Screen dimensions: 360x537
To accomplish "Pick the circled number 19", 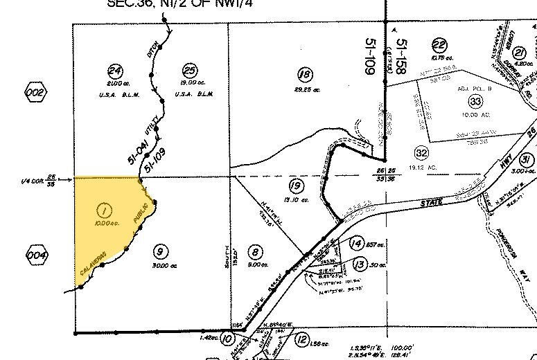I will [296, 186].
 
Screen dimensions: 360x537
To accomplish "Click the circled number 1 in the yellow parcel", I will [105, 209].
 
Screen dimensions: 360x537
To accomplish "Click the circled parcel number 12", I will [301, 339].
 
